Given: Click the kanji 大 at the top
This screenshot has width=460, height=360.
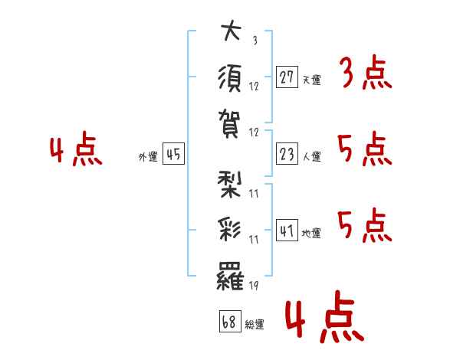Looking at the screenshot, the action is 232,30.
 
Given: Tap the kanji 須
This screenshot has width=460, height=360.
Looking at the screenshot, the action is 230,78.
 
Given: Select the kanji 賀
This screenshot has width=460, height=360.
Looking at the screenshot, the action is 229,123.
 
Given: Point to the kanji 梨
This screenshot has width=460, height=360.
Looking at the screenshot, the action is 229,185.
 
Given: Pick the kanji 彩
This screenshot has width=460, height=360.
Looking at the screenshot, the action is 229,230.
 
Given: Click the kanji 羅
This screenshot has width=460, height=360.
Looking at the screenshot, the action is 230,277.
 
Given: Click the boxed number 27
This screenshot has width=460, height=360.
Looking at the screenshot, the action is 287,77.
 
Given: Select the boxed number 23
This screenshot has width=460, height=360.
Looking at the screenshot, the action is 287,154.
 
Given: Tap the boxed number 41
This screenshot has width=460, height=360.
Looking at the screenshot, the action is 287,230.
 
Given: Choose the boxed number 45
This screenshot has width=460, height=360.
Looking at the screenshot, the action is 173,154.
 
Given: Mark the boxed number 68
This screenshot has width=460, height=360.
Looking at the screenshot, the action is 230,321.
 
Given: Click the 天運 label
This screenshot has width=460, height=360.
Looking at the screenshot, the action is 312,80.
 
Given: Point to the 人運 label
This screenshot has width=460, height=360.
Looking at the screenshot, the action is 312,156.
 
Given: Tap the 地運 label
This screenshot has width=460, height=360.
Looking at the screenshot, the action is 311,234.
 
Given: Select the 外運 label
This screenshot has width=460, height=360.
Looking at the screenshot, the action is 148,157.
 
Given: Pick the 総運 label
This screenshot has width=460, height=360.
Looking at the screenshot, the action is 255,325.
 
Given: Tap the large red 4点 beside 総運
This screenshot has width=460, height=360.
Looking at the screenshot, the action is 324,316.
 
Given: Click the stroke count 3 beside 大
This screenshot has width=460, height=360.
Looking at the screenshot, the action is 255,40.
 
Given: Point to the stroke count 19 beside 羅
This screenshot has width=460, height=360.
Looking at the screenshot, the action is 254,286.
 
